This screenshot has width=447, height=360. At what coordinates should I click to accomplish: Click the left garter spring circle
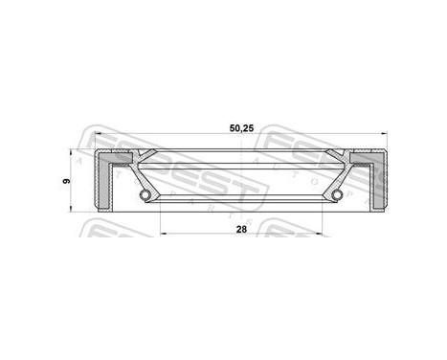(145, 196)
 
